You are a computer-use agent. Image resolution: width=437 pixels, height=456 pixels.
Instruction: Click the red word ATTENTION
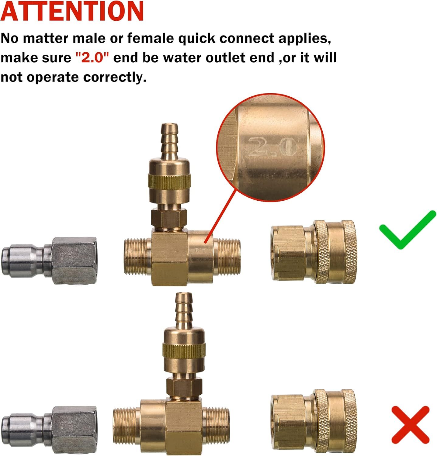[72, 11]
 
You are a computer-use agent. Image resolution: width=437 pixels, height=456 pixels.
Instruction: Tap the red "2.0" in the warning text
[92, 58]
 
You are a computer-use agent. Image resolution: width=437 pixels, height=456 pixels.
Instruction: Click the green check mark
[407, 230]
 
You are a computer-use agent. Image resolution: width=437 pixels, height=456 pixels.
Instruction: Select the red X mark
[411, 425]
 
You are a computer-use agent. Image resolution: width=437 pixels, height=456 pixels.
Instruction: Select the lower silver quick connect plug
[49, 430]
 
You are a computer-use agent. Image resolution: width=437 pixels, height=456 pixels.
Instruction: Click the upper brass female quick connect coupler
[314, 252]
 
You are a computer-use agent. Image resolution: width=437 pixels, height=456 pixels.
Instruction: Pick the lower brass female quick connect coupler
[314, 421]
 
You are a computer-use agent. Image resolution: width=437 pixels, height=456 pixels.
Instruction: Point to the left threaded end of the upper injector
[138, 257]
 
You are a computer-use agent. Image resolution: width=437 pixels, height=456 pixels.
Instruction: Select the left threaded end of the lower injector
[127, 426]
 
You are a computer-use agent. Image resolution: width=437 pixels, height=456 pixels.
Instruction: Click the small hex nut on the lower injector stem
[184, 388]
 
